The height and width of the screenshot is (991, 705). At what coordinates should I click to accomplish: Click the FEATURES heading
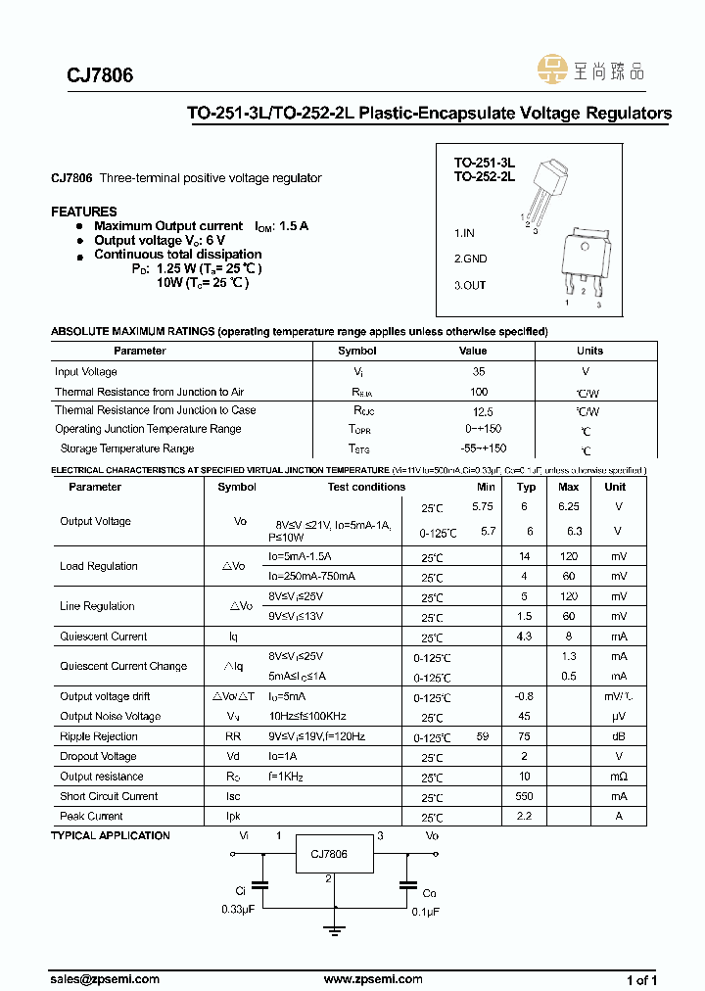coord(83,212)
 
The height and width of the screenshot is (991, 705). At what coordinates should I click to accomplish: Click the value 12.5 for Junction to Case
coord(481,412)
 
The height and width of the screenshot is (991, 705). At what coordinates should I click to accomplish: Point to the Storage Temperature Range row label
coord(127,448)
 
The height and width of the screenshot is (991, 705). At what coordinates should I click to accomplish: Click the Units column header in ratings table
coord(589,351)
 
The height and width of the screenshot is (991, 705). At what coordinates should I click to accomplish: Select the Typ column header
coord(526,487)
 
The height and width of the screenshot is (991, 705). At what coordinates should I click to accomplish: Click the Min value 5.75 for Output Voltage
coord(483,506)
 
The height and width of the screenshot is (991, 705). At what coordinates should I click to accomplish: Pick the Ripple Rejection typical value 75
coord(525,736)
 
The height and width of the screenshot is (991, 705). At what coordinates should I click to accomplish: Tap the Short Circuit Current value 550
coord(525,796)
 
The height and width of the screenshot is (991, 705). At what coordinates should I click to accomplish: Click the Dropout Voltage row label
coord(98,757)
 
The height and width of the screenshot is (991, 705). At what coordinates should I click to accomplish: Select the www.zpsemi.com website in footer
coord(372,979)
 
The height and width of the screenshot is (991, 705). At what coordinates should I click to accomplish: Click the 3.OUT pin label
coord(469,285)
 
